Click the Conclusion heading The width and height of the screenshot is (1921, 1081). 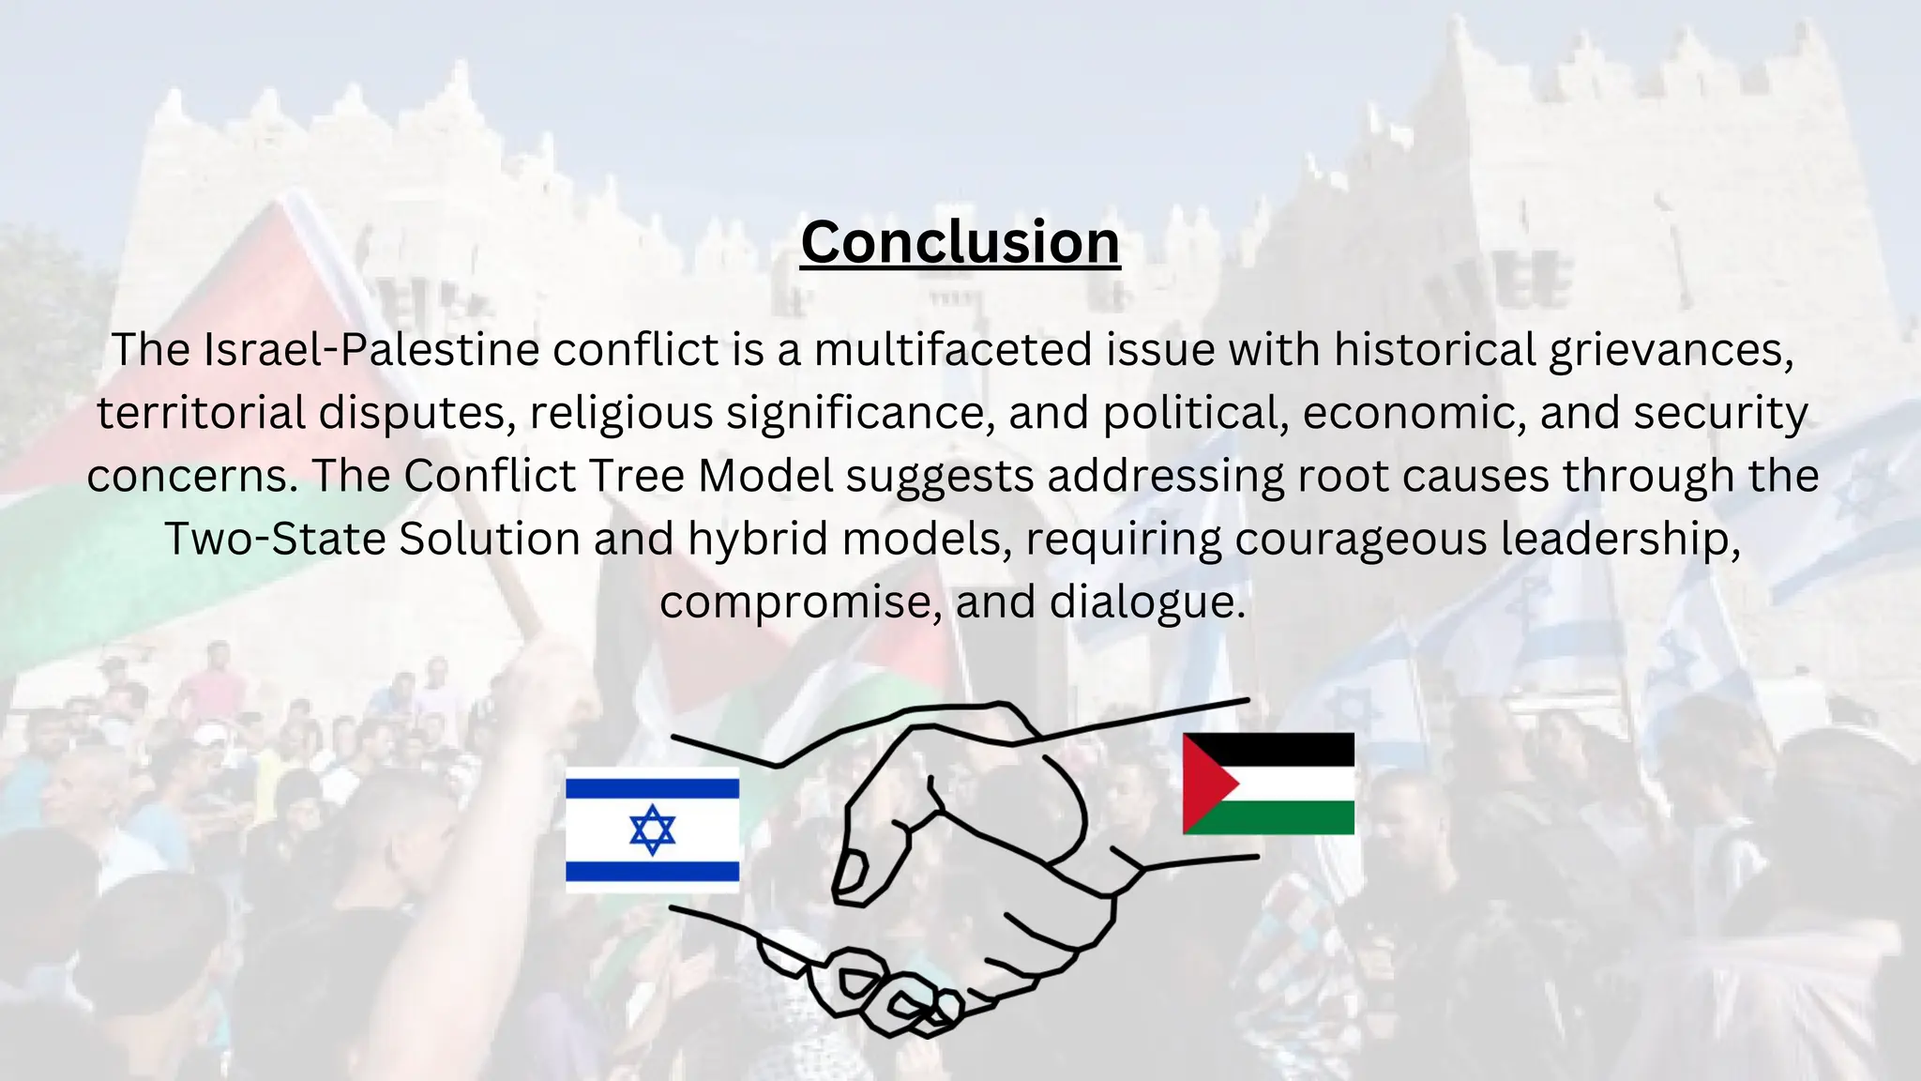tap(960, 242)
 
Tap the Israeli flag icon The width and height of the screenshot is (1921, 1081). tap(652, 830)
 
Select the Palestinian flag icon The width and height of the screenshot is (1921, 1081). tap(1268, 784)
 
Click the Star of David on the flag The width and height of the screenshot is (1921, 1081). tap(652, 830)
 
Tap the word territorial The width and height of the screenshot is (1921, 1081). tap(201, 413)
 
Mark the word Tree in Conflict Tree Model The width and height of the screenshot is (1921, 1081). tap(643, 476)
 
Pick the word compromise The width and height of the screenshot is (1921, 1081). tap(800, 601)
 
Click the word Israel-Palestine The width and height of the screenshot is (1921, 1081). tap(371, 350)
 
